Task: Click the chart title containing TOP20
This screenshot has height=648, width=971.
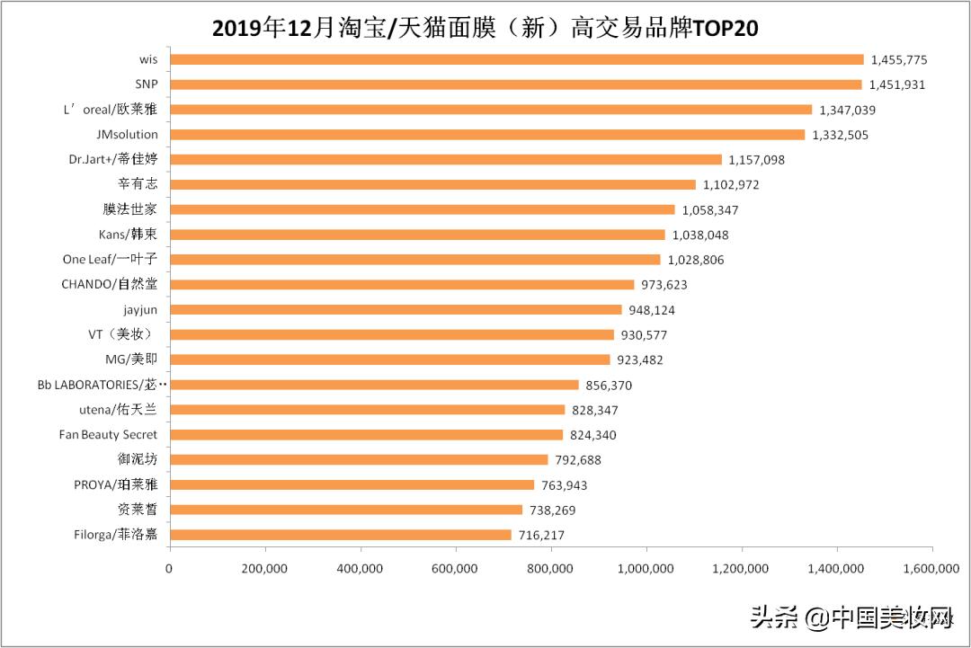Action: (x=485, y=28)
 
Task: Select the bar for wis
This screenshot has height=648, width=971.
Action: (x=516, y=59)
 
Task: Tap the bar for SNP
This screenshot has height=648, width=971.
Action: (x=515, y=84)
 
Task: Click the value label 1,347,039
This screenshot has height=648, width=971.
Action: (x=847, y=110)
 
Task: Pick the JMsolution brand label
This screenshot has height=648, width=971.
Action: (x=128, y=135)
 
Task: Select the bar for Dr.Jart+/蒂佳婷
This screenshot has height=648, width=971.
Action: (x=445, y=159)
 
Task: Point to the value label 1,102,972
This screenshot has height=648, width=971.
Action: (x=731, y=184)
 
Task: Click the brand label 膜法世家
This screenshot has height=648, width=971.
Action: (x=130, y=209)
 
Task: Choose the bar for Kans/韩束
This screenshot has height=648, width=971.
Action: (x=417, y=235)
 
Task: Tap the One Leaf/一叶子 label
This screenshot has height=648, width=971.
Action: (x=110, y=260)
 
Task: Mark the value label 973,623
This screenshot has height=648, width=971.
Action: (x=664, y=285)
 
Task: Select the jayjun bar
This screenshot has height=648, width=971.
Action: (x=396, y=310)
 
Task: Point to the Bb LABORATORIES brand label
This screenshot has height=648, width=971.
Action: (x=102, y=385)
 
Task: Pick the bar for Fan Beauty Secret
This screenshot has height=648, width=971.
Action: (x=366, y=435)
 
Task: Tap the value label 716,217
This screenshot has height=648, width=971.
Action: (x=541, y=535)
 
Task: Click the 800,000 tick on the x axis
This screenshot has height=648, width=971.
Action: (x=550, y=568)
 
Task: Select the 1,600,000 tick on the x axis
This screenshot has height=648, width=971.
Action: (x=931, y=568)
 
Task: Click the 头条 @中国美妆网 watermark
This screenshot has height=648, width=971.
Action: (x=851, y=617)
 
